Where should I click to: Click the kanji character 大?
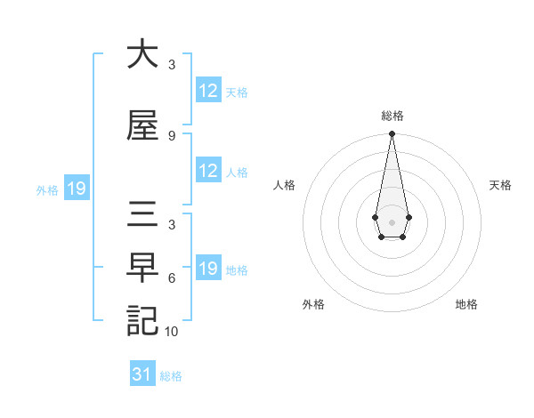click(x=142, y=55)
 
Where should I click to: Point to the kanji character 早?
click(x=142, y=267)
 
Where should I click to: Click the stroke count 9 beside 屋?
click(x=172, y=136)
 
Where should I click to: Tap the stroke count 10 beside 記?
click(x=172, y=332)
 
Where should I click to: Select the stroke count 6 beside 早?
click(x=172, y=278)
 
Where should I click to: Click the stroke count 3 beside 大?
click(x=172, y=65)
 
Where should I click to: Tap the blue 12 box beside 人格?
click(x=208, y=172)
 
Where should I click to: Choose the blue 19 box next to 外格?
click(x=76, y=189)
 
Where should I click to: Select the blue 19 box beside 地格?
click(x=208, y=269)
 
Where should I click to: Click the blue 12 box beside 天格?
click(x=208, y=91)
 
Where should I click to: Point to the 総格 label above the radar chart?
click(x=392, y=116)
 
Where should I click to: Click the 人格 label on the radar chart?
click(x=284, y=185)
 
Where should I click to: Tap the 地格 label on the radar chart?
click(x=466, y=304)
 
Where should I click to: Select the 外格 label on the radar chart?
click(x=313, y=304)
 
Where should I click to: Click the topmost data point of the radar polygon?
click(x=392, y=133)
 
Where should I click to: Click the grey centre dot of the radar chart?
click(x=392, y=221)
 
